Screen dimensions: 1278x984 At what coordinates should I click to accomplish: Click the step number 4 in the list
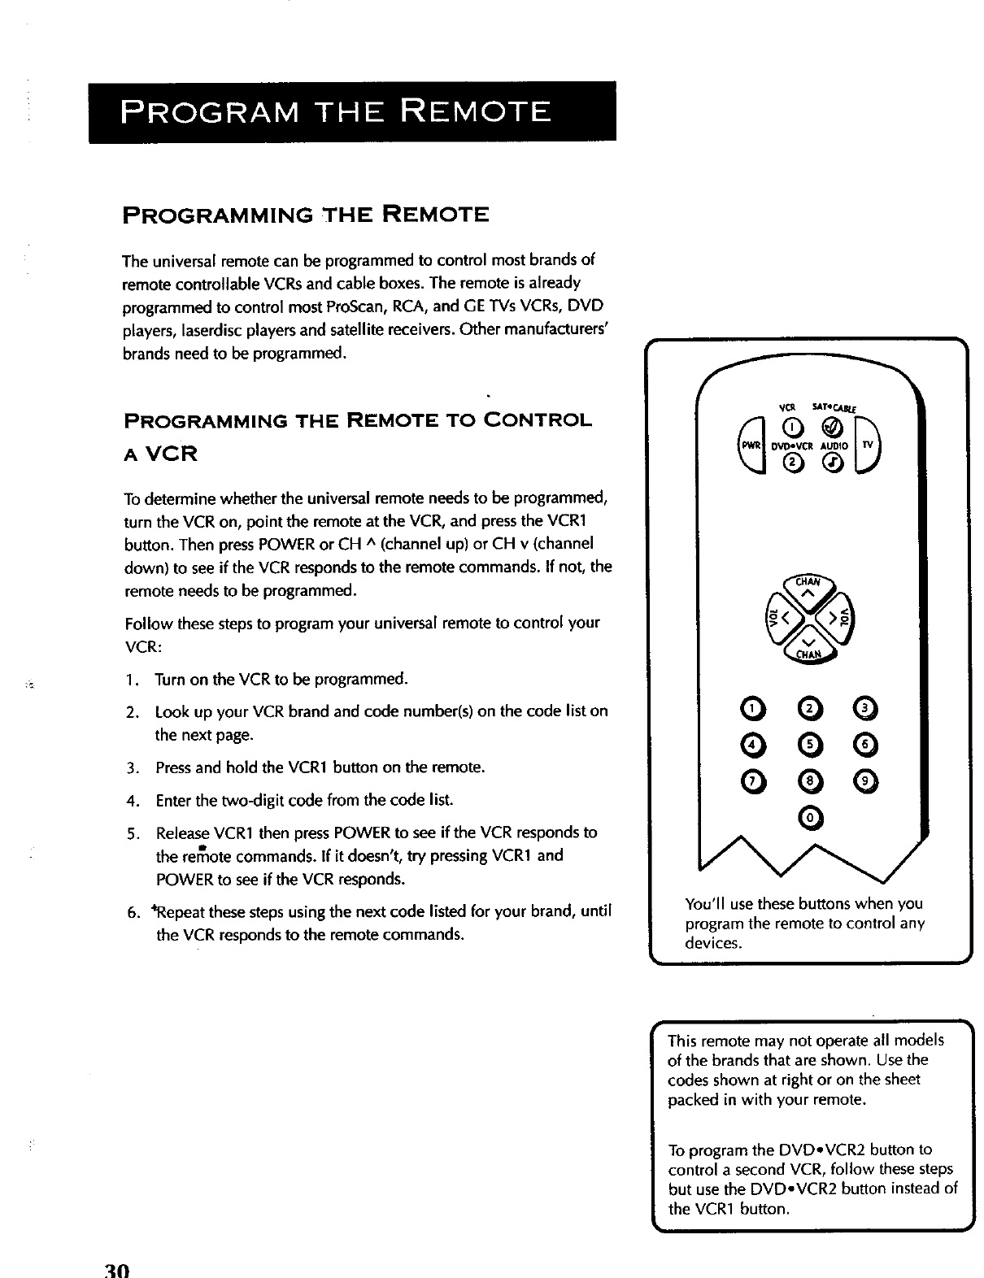pos(131,800)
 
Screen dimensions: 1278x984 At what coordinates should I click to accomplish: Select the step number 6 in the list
pos(131,911)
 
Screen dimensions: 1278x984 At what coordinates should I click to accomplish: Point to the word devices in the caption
pos(713,943)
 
